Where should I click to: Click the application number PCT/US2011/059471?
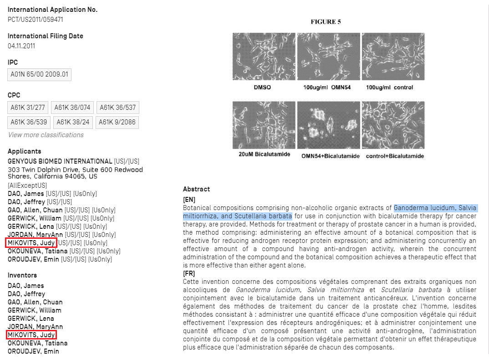coord(35,20)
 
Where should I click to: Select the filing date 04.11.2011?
coord(21,46)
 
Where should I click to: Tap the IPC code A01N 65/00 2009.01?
coord(40,75)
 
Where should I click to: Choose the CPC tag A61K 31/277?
coord(27,108)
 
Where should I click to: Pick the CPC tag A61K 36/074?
coord(72,108)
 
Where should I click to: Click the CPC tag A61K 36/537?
coord(117,108)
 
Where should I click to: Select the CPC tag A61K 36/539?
coord(29,122)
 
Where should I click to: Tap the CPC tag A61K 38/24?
coord(72,122)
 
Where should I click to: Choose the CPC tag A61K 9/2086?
coord(117,122)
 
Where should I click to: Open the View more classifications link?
coord(46,135)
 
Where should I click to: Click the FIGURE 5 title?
coord(326,22)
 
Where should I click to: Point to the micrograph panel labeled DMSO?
coord(262,57)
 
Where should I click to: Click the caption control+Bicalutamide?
coord(394,156)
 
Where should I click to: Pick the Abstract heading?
coord(196,189)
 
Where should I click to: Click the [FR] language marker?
coord(189,273)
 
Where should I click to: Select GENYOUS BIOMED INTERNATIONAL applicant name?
coord(60,161)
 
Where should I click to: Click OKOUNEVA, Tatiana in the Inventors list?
coord(38,343)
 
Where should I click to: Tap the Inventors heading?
coord(22,275)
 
